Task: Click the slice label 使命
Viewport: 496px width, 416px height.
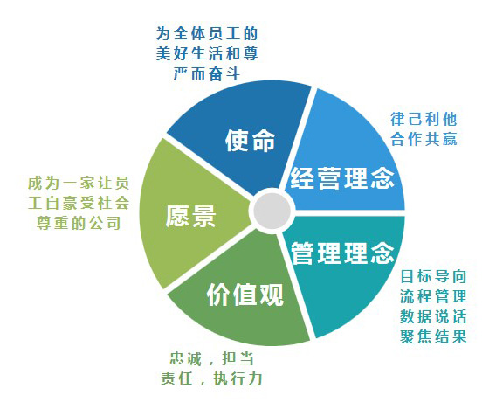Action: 250,141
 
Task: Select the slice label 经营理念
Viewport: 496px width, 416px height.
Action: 342,178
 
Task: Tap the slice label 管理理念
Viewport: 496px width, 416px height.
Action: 342,253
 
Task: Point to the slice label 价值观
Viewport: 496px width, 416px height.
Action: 245,295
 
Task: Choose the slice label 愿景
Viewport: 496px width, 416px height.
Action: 190,216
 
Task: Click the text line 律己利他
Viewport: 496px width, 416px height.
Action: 424,120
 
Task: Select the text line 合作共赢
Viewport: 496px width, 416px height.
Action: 424,139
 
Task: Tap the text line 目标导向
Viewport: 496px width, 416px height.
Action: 433,276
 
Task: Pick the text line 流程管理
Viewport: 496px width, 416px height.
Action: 433,296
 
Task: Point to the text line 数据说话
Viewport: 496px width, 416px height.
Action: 433,316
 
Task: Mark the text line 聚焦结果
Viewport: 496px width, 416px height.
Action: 433,336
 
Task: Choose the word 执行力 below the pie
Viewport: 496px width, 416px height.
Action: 238,378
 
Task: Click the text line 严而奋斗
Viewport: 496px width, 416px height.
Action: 207,74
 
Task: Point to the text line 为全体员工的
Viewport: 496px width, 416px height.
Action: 207,33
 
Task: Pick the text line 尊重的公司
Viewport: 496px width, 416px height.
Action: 79,223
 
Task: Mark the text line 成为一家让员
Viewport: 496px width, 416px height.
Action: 79,183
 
